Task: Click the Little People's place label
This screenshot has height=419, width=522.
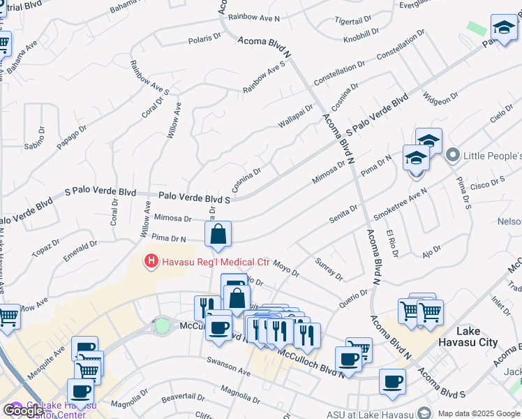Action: click(x=492, y=154)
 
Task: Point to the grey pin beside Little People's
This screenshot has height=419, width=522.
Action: click(x=452, y=154)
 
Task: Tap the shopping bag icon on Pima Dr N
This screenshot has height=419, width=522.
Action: click(x=218, y=235)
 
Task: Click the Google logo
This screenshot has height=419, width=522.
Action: click(x=23, y=411)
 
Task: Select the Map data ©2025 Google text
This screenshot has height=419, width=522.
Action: click(x=479, y=413)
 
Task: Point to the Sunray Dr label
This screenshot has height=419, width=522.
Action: click(x=329, y=272)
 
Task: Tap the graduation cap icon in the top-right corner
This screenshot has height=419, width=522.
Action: click(x=504, y=29)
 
